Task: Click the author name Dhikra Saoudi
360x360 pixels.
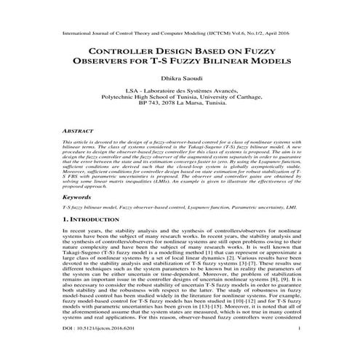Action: pos(180,79)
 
